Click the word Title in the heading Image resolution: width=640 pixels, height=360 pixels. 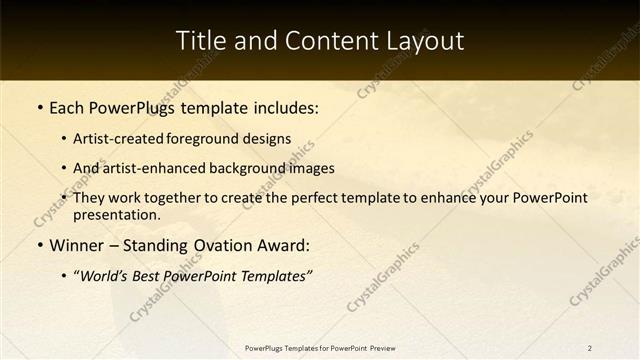pos(200,41)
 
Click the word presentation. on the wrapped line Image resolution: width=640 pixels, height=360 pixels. pos(117,214)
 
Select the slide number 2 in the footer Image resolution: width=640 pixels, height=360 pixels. pos(590,348)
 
